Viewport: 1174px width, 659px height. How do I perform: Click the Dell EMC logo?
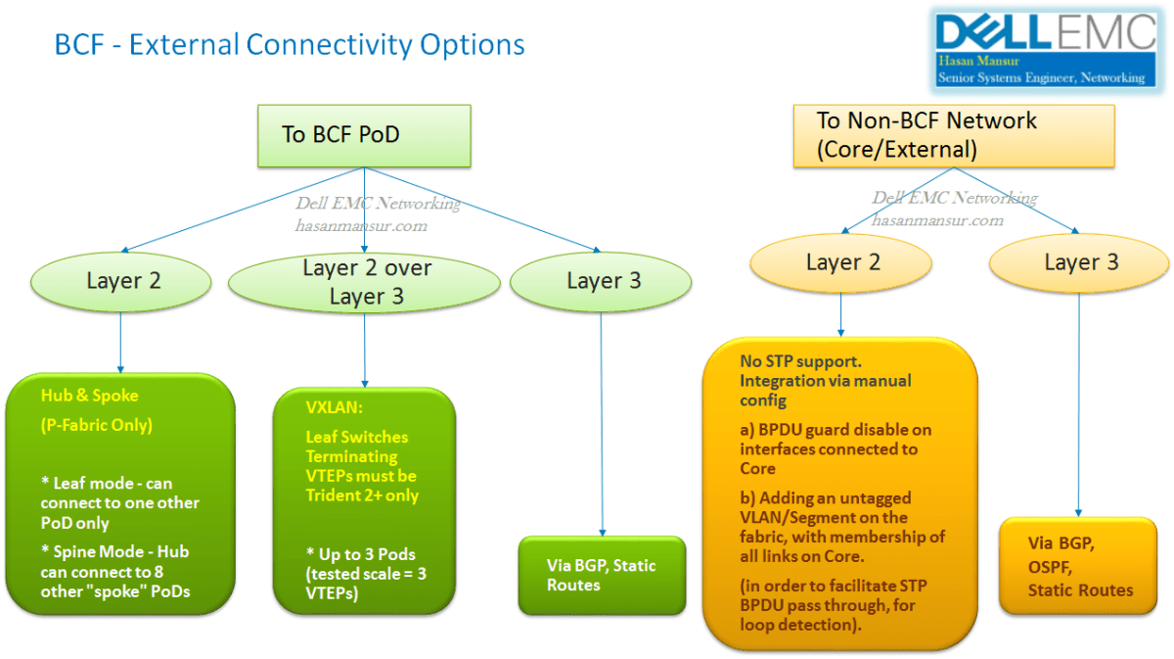[x=1045, y=32]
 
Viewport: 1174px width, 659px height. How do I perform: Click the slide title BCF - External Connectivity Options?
[x=290, y=45]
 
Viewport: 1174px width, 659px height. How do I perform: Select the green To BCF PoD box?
[x=364, y=135]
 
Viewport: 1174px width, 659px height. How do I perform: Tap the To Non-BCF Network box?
[x=953, y=135]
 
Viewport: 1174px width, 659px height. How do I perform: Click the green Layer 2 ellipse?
[x=123, y=281]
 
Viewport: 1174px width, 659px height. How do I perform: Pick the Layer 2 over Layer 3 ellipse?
[x=366, y=282]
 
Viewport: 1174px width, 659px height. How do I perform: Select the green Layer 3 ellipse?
[x=603, y=282]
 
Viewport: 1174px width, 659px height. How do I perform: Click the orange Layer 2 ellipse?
[x=842, y=262]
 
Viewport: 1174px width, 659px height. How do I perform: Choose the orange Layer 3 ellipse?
[x=1080, y=262]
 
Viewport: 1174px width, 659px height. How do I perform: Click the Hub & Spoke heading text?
[x=89, y=396]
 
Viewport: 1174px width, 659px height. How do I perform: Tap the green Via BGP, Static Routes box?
[x=602, y=575]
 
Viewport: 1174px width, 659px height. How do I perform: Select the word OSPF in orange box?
[x=1051, y=567]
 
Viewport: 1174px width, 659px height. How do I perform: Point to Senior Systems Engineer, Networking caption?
[x=1041, y=77]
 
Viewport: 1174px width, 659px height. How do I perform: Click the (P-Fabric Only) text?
[x=97, y=425]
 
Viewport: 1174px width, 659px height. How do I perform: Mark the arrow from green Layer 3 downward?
[x=602, y=421]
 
